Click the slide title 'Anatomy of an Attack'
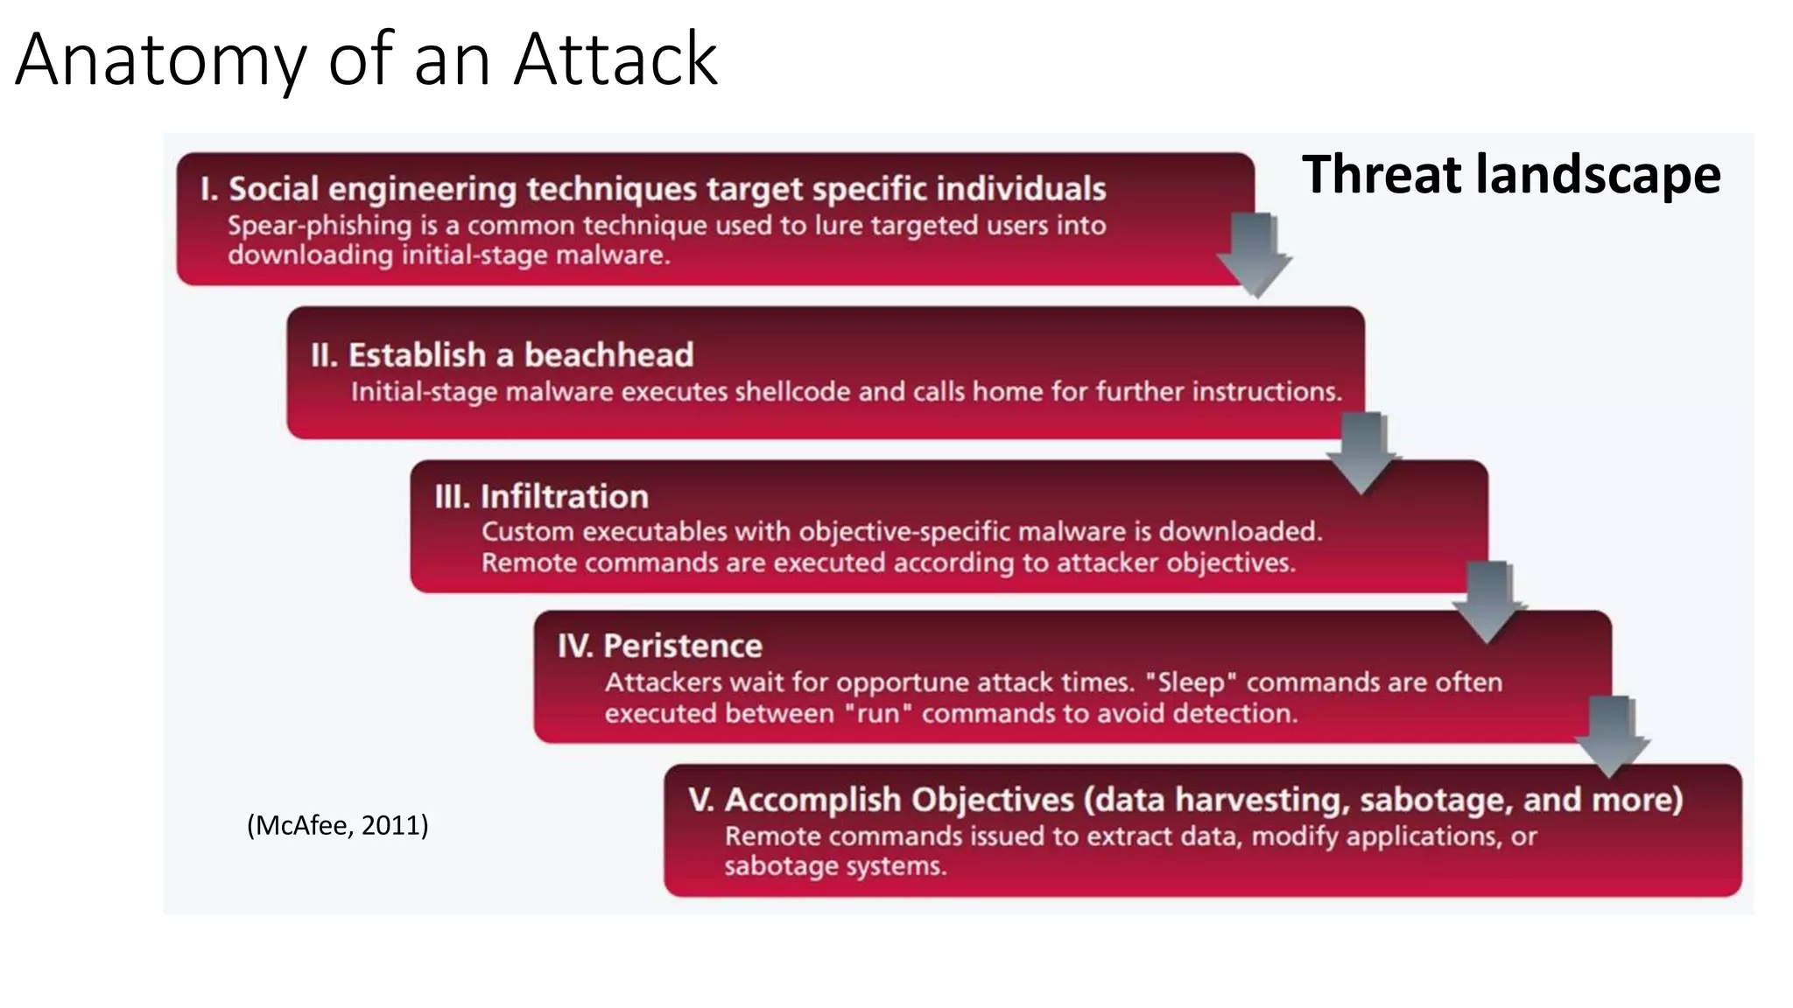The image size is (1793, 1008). point(366,59)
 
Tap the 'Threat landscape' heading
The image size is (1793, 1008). point(1510,174)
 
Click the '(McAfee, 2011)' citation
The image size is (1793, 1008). point(338,825)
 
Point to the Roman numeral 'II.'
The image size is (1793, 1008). point(324,355)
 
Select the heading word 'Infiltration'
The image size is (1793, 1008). point(564,497)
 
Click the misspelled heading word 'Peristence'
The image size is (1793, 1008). point(682,646)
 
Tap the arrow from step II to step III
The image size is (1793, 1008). point(1362,451)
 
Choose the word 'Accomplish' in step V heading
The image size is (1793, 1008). point(812,800)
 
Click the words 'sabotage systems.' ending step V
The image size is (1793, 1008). point(835,866)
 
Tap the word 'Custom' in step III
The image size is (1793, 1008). point(528,532)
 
